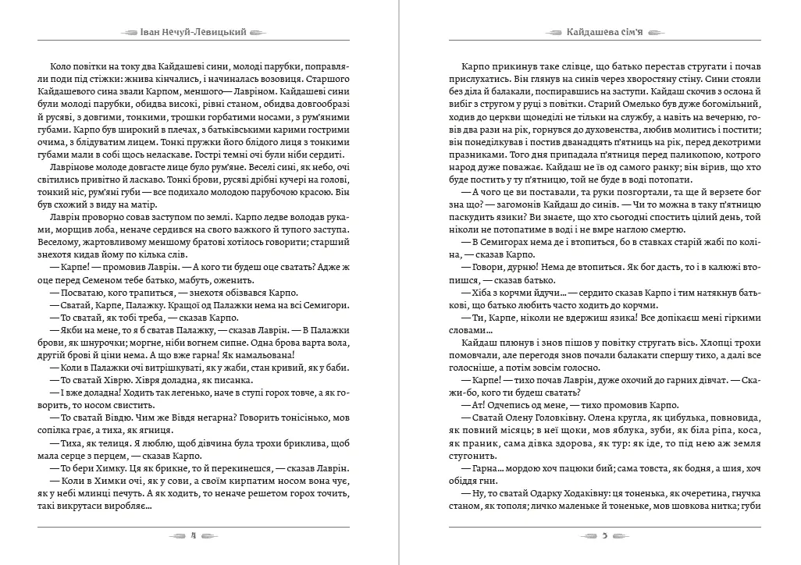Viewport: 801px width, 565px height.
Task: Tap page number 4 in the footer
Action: click(x=192, y=536)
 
